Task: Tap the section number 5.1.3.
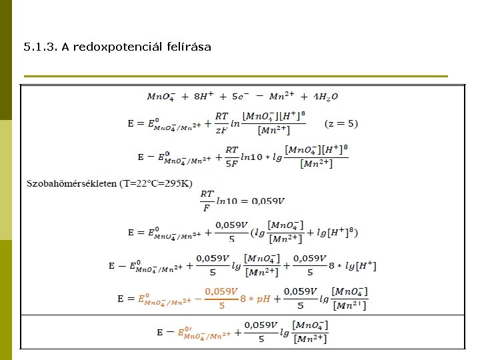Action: click(x=40, y=47)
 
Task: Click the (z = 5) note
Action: click(x=341, y=123)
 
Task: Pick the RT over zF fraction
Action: click(x=221, y=123)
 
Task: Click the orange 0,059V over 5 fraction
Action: click(x=221, y=298)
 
